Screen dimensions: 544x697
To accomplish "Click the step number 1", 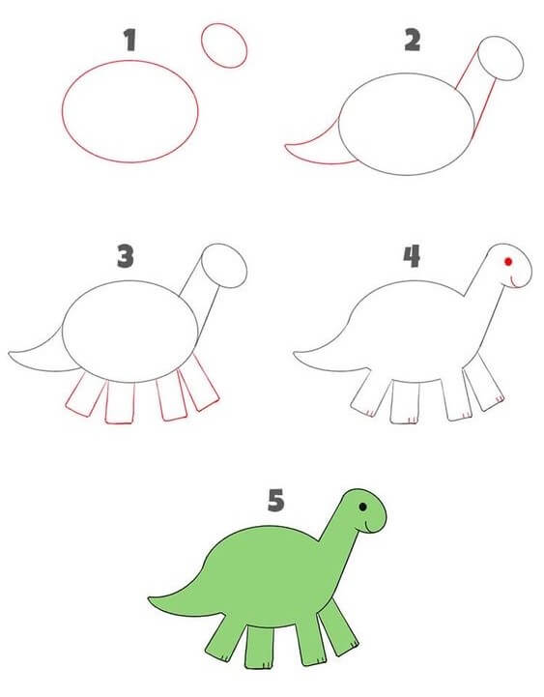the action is point(129,40).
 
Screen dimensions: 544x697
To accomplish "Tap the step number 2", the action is point(413,40).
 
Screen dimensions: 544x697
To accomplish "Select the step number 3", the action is point(126,255).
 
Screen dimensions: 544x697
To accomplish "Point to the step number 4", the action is point(412,256).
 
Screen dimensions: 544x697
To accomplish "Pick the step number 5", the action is point(276,500).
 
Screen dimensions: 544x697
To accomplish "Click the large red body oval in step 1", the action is point(63,111).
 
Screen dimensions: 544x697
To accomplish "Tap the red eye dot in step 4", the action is point(508,261).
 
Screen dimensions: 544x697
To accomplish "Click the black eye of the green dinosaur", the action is point(362,507).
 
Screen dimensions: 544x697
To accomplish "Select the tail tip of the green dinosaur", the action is point(150,599).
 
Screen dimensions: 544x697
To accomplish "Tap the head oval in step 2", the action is point(479,58).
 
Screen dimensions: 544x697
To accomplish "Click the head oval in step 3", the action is point(202,266).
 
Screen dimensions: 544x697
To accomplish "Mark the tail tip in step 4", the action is point(295,354).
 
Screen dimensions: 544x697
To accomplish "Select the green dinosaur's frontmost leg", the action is point(338,627).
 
